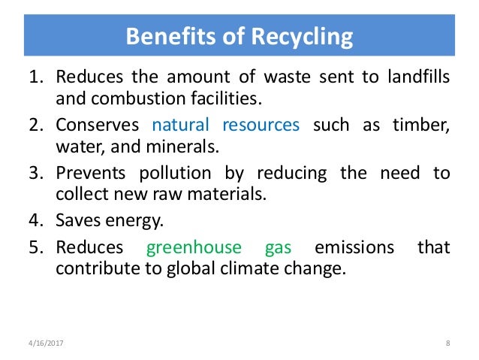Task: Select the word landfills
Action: coord(414,77)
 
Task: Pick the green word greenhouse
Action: coord(194,247)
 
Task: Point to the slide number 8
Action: coord(447,344)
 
